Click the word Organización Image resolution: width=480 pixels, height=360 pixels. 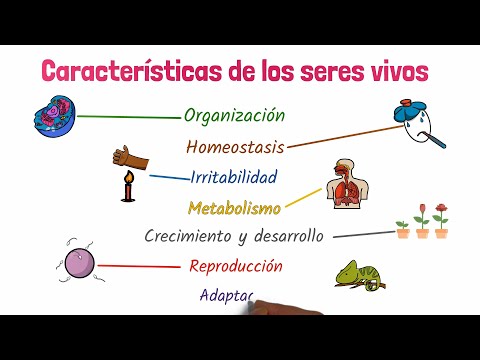(235, 116)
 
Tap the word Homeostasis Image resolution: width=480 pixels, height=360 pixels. (235, 147)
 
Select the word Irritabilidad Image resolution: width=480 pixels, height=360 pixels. (234, 178)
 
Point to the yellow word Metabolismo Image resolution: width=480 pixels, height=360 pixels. (235, 208)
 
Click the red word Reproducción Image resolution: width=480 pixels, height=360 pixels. (235, 266)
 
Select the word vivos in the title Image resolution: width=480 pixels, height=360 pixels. (397, 71)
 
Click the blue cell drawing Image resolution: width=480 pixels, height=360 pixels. (51, 117)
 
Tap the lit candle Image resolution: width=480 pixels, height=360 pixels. (127, 187)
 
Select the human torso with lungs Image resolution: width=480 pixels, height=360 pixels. (345, 185)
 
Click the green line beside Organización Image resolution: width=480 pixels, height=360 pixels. (129, 117)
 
